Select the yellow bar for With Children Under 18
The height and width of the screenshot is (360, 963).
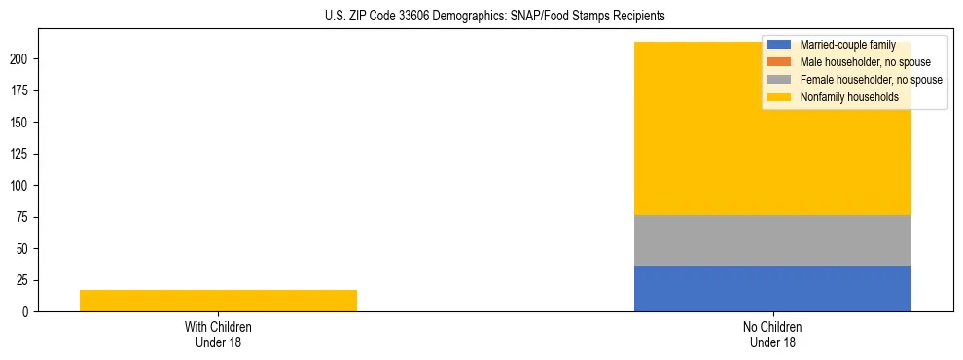[218, 301]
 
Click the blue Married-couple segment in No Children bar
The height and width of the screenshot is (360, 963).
[772, 288]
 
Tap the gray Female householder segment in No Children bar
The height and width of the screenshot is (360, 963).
[772, 240]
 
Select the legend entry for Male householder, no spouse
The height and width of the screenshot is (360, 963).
[851, 62]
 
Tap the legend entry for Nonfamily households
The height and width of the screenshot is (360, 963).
[842, 97]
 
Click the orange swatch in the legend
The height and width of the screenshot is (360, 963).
[778, 62]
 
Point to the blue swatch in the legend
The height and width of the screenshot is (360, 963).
[778, 45]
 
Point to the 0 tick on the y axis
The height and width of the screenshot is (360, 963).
[27, 312]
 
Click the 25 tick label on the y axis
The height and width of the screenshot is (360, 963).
[24, 280]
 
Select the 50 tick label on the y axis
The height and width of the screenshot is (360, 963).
[24, 249]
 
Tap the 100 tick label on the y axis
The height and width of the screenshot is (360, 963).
[21, 186]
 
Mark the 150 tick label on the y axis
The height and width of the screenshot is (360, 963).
[21, 123]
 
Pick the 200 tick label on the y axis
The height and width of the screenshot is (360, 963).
[21, 59]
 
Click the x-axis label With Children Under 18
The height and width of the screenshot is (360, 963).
[218, 334]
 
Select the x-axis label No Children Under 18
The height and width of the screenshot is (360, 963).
[772, 334]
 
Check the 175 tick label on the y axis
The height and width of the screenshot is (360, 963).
[21, 91]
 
